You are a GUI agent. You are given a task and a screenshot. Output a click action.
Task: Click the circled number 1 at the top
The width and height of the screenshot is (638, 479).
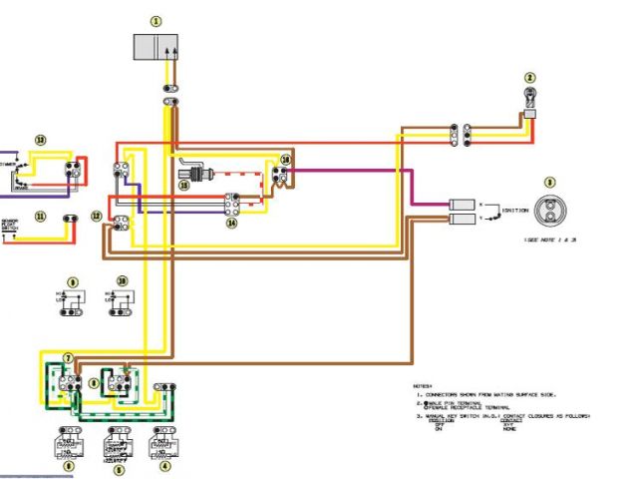coord(156,20)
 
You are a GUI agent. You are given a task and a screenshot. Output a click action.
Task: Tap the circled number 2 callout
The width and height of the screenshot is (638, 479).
coord(530,77)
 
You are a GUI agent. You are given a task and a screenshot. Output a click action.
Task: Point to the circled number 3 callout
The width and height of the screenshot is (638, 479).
coord(549,183)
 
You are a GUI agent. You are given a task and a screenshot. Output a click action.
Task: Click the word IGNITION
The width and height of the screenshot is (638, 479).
coord(515,210)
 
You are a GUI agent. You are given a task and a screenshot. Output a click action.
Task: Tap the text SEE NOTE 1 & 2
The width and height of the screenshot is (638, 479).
coord(550,240)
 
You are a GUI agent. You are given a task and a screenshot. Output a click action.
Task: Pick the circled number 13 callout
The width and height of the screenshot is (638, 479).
coord(40,140)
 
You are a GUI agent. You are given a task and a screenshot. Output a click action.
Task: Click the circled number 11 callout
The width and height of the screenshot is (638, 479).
coord(40,216)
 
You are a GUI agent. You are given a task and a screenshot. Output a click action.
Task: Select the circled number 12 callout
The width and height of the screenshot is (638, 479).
coord(97,216)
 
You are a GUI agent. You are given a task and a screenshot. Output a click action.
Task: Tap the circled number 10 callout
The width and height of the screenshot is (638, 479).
coord(123,281)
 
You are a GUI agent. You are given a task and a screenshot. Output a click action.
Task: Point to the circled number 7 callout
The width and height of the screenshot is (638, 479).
coord(68,357)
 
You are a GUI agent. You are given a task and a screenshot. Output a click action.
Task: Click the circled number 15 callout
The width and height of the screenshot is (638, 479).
coord(183,185)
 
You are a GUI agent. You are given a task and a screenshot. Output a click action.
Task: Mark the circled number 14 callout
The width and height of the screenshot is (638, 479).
coord(232,224)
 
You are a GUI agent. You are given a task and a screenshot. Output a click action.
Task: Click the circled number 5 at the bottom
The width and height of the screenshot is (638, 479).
coord(119,466)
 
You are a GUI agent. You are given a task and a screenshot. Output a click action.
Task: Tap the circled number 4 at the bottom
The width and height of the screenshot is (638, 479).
coord(165,464)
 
